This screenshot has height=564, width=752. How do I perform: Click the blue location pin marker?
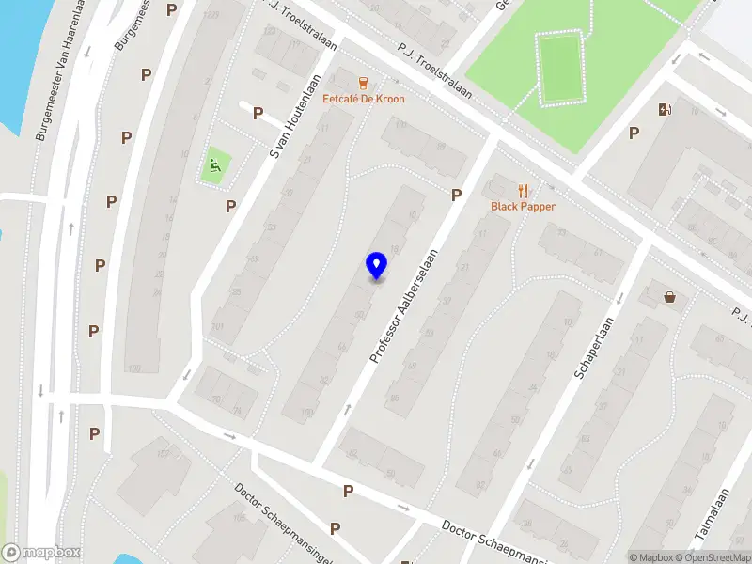(x=376, y=266)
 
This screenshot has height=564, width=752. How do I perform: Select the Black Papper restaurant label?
(x=523, y=206)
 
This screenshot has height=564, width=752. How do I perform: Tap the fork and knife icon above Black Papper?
(x=524, y=190)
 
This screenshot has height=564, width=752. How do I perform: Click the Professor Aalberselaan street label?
(x=405, y=305)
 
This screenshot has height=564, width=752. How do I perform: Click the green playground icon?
(x=215, y=168)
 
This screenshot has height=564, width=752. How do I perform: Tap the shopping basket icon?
(x=670, y=297)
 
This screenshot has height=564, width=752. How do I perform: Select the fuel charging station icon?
(x=666, y=109)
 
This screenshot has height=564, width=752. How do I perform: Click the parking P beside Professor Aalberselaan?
(x=457, y=195)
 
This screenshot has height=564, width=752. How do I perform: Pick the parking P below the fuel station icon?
(x=634, y=133)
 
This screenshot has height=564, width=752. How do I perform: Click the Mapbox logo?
(x=41, y=553)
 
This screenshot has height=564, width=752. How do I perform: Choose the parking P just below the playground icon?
(x=230, y=205)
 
